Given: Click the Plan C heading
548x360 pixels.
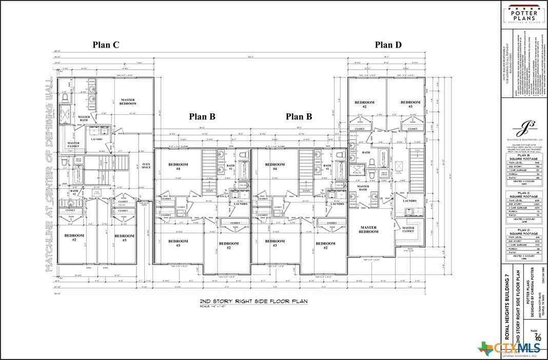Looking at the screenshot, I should coord(106,45).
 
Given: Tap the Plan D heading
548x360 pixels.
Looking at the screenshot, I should coord(388,45).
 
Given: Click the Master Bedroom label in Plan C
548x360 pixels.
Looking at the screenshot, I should coord(128,101).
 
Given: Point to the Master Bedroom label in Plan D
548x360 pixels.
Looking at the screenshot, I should coord(368,229).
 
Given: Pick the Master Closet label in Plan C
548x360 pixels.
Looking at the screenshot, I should coord(73,145).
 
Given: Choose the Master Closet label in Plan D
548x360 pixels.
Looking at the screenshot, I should coord(408,229).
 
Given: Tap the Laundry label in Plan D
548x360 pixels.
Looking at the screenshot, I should coord(409,201).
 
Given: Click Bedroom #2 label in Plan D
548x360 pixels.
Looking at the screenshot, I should coord(364,104).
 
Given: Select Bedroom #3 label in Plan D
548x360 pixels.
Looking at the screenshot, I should coord(410,104).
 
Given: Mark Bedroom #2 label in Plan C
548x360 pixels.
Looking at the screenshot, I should coord(74,237).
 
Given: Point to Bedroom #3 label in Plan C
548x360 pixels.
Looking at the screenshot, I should coord(124,237).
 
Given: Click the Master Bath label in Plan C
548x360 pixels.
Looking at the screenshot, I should coord(84,118).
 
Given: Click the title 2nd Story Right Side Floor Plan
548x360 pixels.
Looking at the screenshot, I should coord(253,302).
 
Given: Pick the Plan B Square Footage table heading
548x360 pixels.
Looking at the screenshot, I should coord(523,156).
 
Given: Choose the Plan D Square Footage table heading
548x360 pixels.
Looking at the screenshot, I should coord(523,232).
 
